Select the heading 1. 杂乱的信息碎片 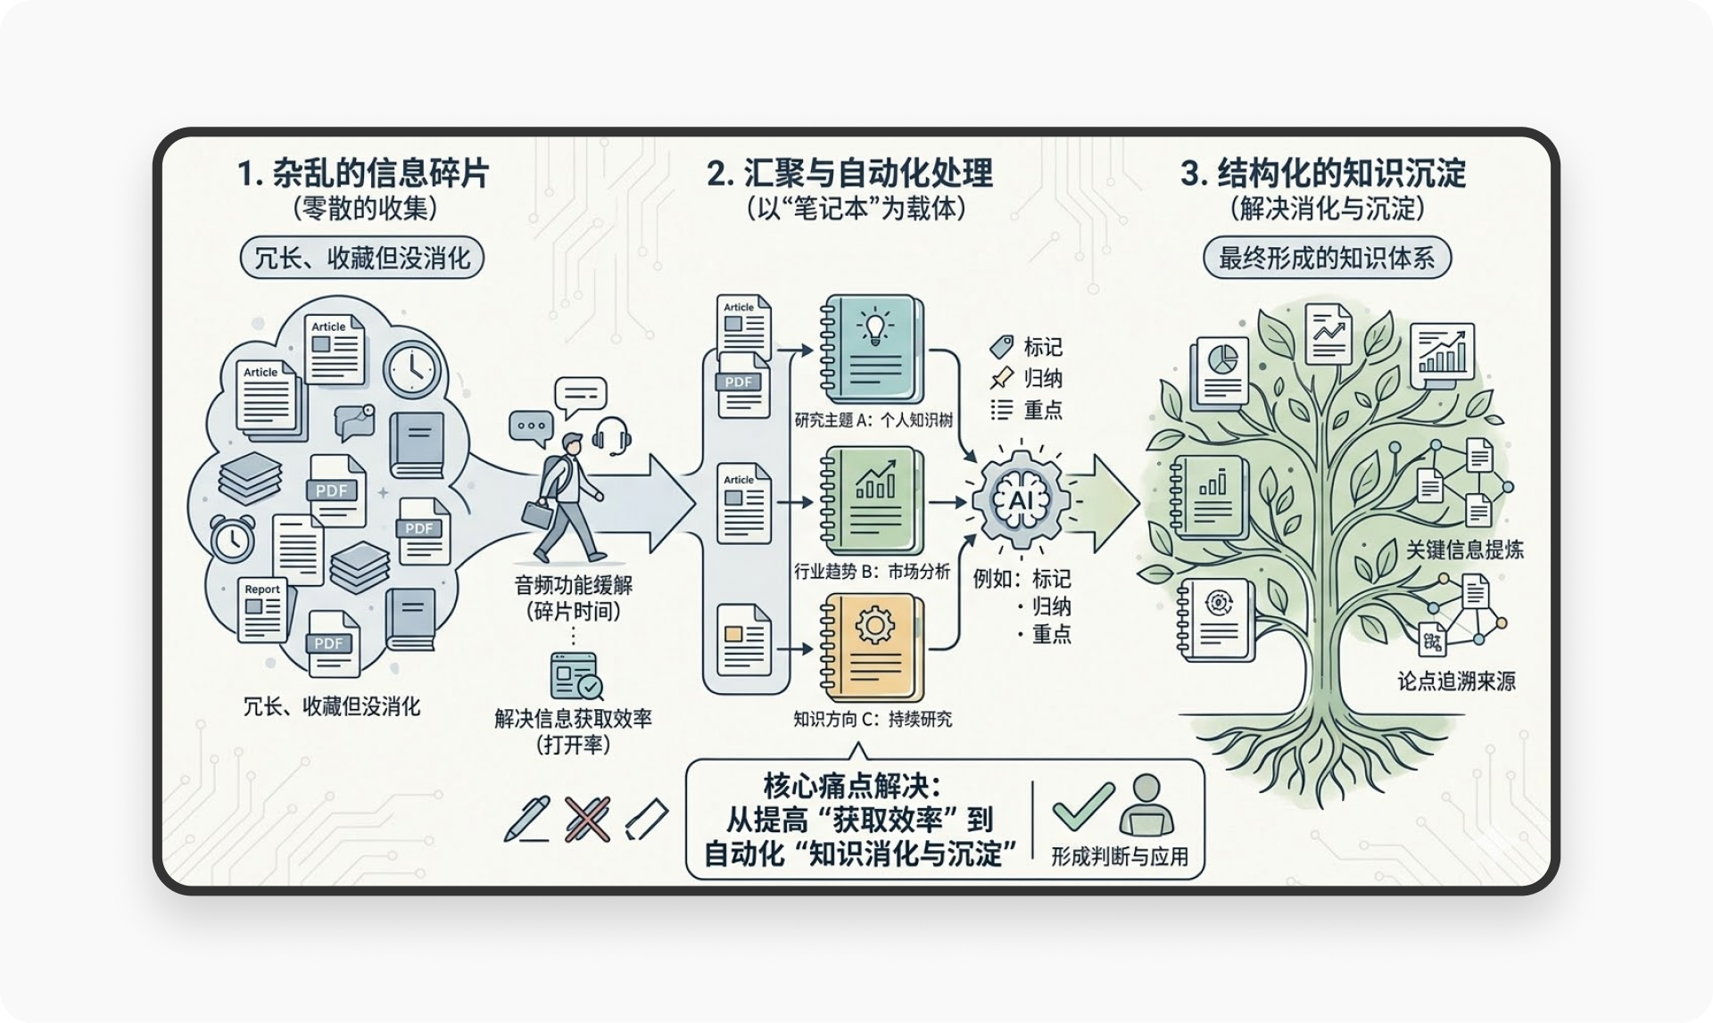pos(363,173)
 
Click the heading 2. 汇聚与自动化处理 pos(849,173)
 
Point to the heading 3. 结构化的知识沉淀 pos(1323,173)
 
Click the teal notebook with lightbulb pos(871,349)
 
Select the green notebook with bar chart pos(871,501)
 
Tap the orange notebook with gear pos(871,648)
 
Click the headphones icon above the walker pos(611,436)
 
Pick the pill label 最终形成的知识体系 pos(1327,259)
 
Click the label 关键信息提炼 pos(1465,549)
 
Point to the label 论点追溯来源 pos(1456,681)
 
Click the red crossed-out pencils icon pos(587,820)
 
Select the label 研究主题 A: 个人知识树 pos(873,420)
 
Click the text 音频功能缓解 pos(574,586)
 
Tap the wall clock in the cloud pos(412,368)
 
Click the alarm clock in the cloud pos(232,539)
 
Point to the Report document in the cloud pos(263,610)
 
